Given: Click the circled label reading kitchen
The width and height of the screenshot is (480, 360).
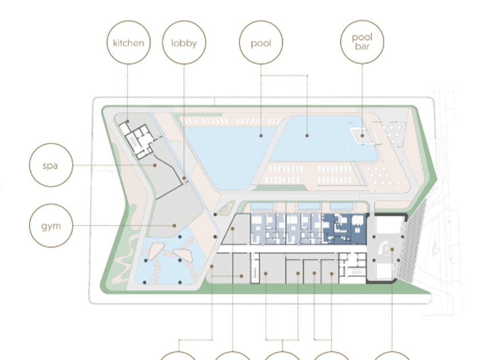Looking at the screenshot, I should [x=129, y=42].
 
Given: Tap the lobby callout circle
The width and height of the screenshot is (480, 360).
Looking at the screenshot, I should [x=184, y=42].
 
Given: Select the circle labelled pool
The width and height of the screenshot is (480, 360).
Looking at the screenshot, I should [x=261, y=42].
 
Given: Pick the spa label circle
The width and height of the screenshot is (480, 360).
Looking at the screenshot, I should [x=51, y=165].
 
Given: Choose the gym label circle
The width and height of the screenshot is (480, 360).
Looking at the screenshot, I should [x=51, y=225].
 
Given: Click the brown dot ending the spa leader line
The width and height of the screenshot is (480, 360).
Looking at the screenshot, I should [x=154, y=165].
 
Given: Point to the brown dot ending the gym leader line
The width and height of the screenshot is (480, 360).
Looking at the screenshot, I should [x=175, y=225].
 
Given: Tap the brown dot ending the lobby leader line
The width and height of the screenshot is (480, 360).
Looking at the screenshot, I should [x=184, y=178].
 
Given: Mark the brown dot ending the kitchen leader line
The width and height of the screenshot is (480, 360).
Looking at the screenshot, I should [x=128, y=121].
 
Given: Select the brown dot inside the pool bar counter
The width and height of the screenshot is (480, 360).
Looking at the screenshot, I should [x=362, y=135].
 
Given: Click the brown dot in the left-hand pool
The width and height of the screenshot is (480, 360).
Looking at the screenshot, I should [x=261, y=136].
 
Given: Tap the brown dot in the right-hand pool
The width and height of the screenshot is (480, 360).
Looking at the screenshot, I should [x=307, y=136].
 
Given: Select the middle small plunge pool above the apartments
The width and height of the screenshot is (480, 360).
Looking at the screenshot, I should [x=309, y=206].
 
